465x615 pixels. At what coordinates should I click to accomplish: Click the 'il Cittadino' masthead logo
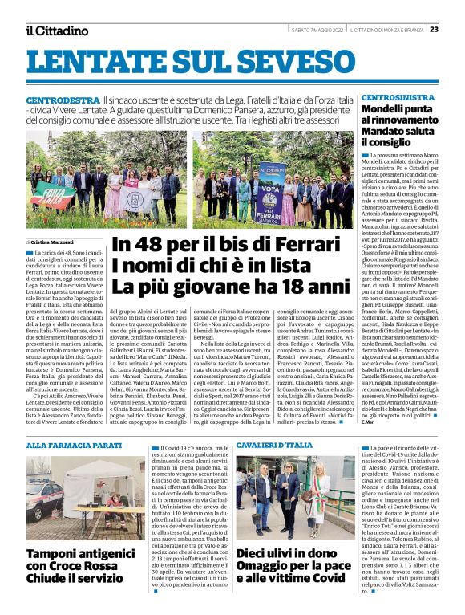[x=57, y=30]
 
